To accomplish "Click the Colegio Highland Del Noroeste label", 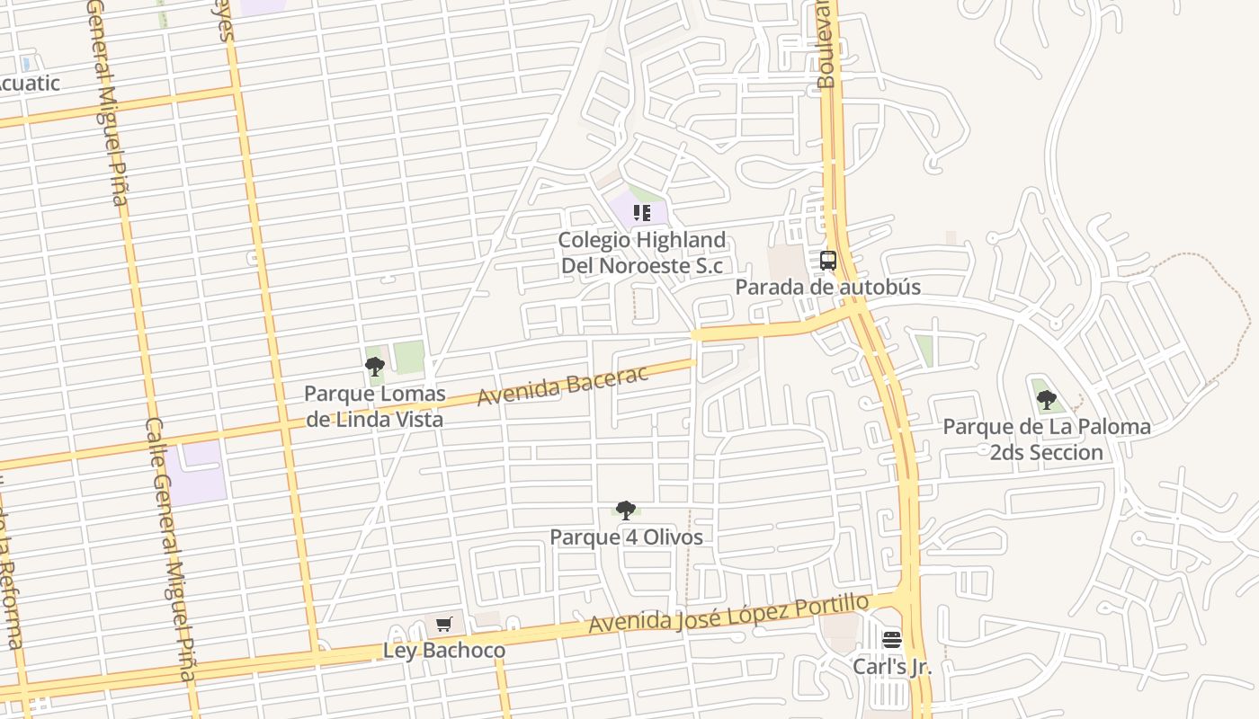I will [642, 253].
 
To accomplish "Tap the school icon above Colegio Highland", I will [642, 213].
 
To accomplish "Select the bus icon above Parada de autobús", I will [828, 262].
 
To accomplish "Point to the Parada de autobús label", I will [828, 287].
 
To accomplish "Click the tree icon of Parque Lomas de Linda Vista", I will [375, 367].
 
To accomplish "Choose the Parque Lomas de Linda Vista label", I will [374, 406].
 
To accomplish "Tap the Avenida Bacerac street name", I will [562, 386].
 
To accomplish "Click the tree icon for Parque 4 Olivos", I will [626, 510].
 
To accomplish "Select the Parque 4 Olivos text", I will [626, 537].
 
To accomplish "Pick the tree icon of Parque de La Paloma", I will [1046, 400].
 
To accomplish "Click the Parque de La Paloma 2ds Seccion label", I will [1047, 439].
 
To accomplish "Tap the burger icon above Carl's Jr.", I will [892, 640].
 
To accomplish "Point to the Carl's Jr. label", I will [892, 667].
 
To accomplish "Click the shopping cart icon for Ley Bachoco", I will [443, 624].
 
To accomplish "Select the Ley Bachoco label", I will [444, 650].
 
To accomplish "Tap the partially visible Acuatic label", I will [29, 84].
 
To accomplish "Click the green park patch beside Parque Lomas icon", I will [409, 357].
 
